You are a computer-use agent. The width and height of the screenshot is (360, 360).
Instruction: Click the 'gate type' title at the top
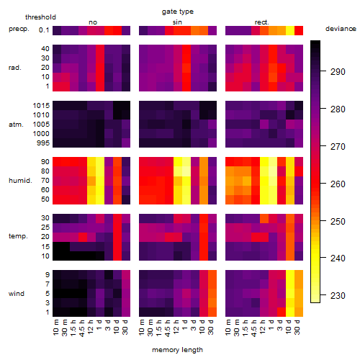[178, 12]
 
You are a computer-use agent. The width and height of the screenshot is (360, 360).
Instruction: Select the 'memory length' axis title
[177, 350]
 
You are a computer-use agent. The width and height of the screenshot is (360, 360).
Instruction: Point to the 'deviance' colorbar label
[341, 29]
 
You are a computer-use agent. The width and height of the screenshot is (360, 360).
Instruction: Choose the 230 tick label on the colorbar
[338, 295]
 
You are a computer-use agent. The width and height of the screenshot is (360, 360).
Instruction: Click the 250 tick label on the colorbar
[338, 221]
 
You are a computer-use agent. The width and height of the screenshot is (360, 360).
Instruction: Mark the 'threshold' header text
[40, 17]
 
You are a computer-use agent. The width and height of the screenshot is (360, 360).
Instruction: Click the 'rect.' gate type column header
[262, 22]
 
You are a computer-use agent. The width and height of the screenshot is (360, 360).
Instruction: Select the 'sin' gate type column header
[177, 22]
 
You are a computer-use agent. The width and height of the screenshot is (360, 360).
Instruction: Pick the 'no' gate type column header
[93, 22]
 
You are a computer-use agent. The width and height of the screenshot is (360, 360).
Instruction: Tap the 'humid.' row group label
[20, 181]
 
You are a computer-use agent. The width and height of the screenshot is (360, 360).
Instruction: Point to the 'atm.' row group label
[16, 125]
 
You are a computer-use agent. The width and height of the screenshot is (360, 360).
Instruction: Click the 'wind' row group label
[17, 294]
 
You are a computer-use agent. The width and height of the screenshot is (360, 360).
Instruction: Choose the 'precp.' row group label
[19, 30]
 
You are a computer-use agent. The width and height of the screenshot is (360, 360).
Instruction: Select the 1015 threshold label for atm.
[41, 106]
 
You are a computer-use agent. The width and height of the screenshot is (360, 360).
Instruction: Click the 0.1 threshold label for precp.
[44, 30]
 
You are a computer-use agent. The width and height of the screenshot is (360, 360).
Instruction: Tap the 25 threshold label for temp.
[45, 227]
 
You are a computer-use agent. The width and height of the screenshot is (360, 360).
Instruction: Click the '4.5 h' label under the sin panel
[168, 328]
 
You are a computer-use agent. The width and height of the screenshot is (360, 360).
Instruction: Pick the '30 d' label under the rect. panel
[297, 327]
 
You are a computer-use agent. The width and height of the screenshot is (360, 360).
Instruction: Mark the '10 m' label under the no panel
[55, 328]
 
